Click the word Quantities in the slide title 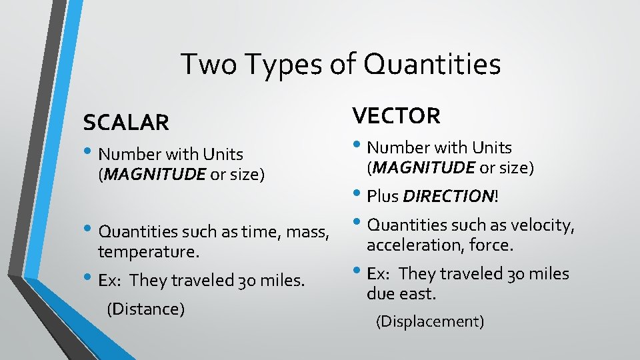431,65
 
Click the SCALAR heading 126,123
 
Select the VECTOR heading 397,116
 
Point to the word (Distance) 145,309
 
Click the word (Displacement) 430,321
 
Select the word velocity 541,225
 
